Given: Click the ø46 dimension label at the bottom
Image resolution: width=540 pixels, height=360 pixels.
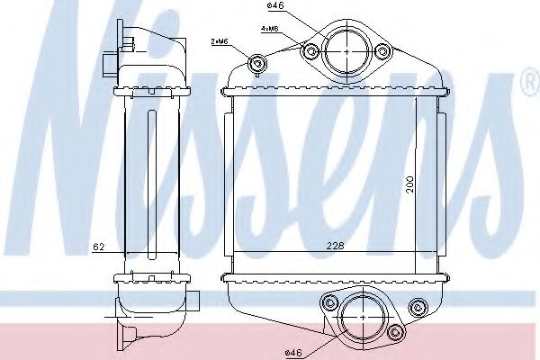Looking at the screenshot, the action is coord(293,353).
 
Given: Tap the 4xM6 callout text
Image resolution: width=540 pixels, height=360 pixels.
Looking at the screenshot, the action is coord(269,29).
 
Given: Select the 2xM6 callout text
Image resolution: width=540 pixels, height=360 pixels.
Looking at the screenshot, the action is coord(220,41).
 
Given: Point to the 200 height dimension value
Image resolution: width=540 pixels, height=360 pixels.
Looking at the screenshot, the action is coord(409,184).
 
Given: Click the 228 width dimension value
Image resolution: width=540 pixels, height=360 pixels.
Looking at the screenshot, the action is coord(335,246).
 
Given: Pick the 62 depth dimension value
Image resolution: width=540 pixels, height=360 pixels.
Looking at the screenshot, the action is coord(98,247).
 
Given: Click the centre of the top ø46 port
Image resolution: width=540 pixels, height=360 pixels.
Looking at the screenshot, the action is coord(346,51).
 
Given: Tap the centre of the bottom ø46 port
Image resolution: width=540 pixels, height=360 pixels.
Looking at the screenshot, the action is coord(364,318).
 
